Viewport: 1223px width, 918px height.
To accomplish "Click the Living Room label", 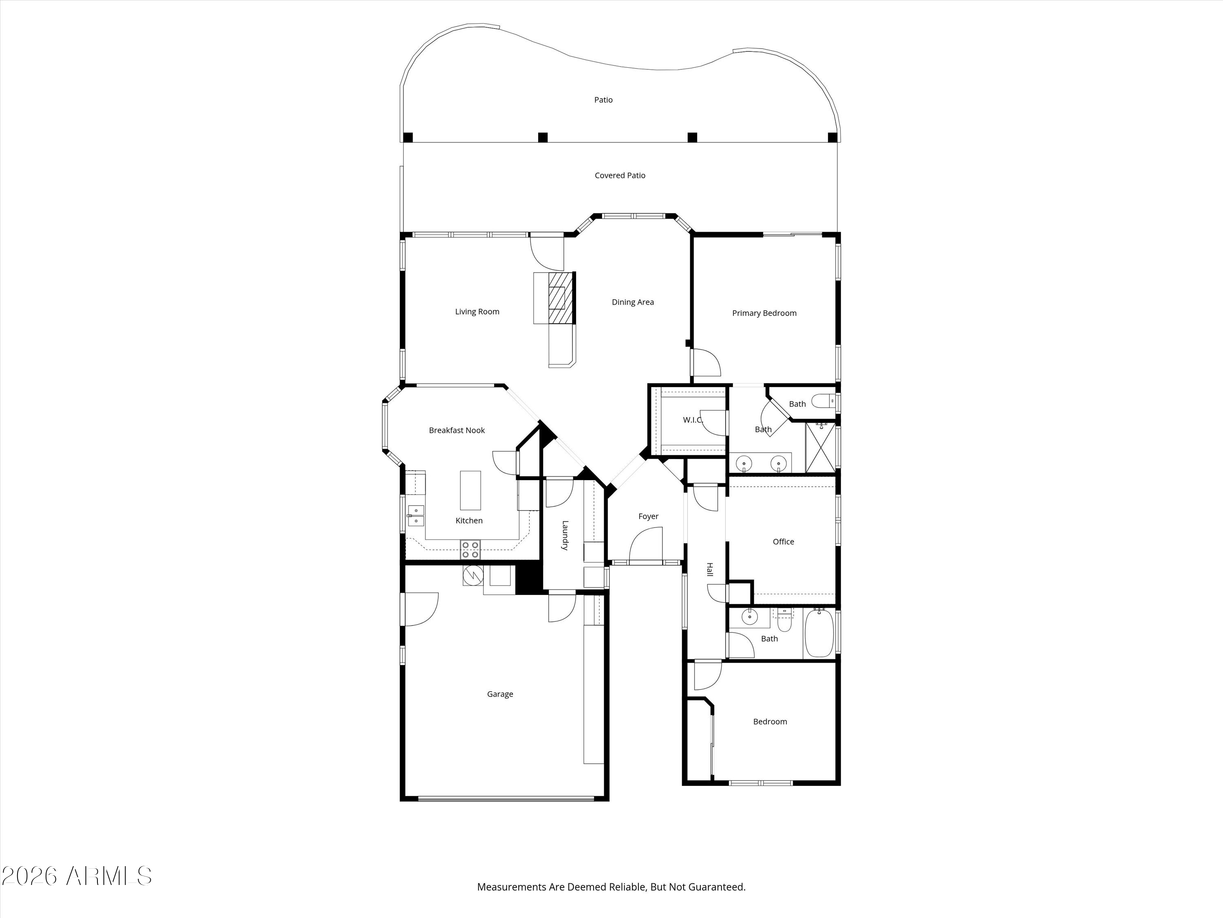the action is click(x=477, y=312).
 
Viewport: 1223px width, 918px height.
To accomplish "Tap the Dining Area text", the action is click(x=633, y=302).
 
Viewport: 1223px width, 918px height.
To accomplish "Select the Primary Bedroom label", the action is click(x=764, y=313).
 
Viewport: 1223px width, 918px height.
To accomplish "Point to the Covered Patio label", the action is click(x=620, y=175).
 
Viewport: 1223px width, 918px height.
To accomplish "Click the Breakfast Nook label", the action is click(x=457, y=430).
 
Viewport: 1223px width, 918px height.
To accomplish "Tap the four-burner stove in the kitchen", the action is click(x=470, y=550).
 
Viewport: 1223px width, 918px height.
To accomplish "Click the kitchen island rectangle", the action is click(x=470, y=490).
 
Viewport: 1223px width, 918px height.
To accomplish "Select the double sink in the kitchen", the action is click(x=415, y=516).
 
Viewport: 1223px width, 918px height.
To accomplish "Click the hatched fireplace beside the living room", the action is click(x=561, y=298).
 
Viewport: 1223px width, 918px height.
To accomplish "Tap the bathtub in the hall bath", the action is click(x=819, y=633).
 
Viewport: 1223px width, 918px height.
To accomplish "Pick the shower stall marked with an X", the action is click(x=821, y=448).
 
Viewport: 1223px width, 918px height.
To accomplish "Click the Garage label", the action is click(x=500, y=694).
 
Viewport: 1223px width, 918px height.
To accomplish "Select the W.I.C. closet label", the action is click(x=693, y=420).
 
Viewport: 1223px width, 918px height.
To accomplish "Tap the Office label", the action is click(x=783, y=542).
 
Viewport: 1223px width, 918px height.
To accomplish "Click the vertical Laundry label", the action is click(x=565, y=535).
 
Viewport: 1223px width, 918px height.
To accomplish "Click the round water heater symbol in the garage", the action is click(x=473, y=575).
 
